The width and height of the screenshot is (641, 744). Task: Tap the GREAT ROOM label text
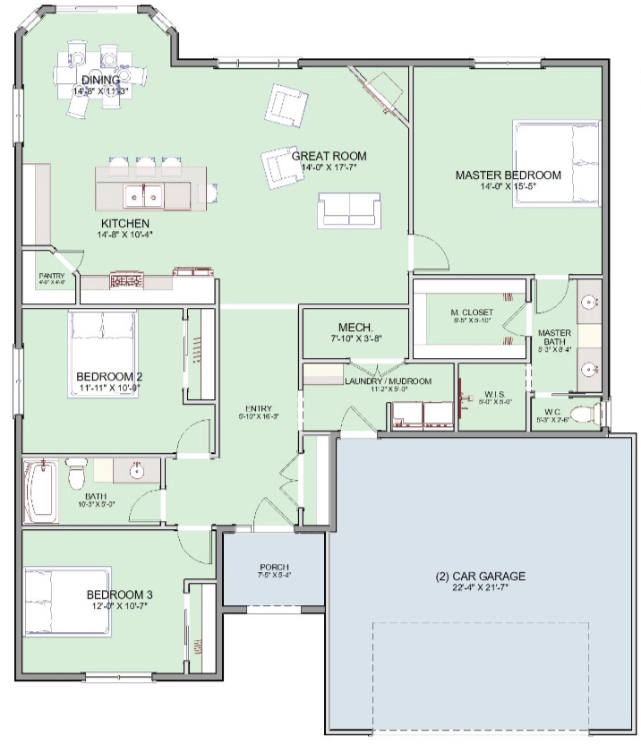point(329,156)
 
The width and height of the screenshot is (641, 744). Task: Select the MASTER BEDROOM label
point(508,175)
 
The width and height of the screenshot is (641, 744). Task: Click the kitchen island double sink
point(143,192)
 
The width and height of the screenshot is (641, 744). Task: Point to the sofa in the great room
point(347,210)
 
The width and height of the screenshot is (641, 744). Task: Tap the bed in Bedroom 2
point(103,352)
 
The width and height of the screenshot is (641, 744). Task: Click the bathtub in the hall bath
point(40,489)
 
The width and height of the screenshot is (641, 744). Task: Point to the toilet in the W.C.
point(583,414)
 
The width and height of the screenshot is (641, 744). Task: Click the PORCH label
point(273,568)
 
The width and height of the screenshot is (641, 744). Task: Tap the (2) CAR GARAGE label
point(475,576)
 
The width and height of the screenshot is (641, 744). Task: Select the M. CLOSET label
point(471,312)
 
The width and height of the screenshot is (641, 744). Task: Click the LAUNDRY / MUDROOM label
point(388,381)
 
